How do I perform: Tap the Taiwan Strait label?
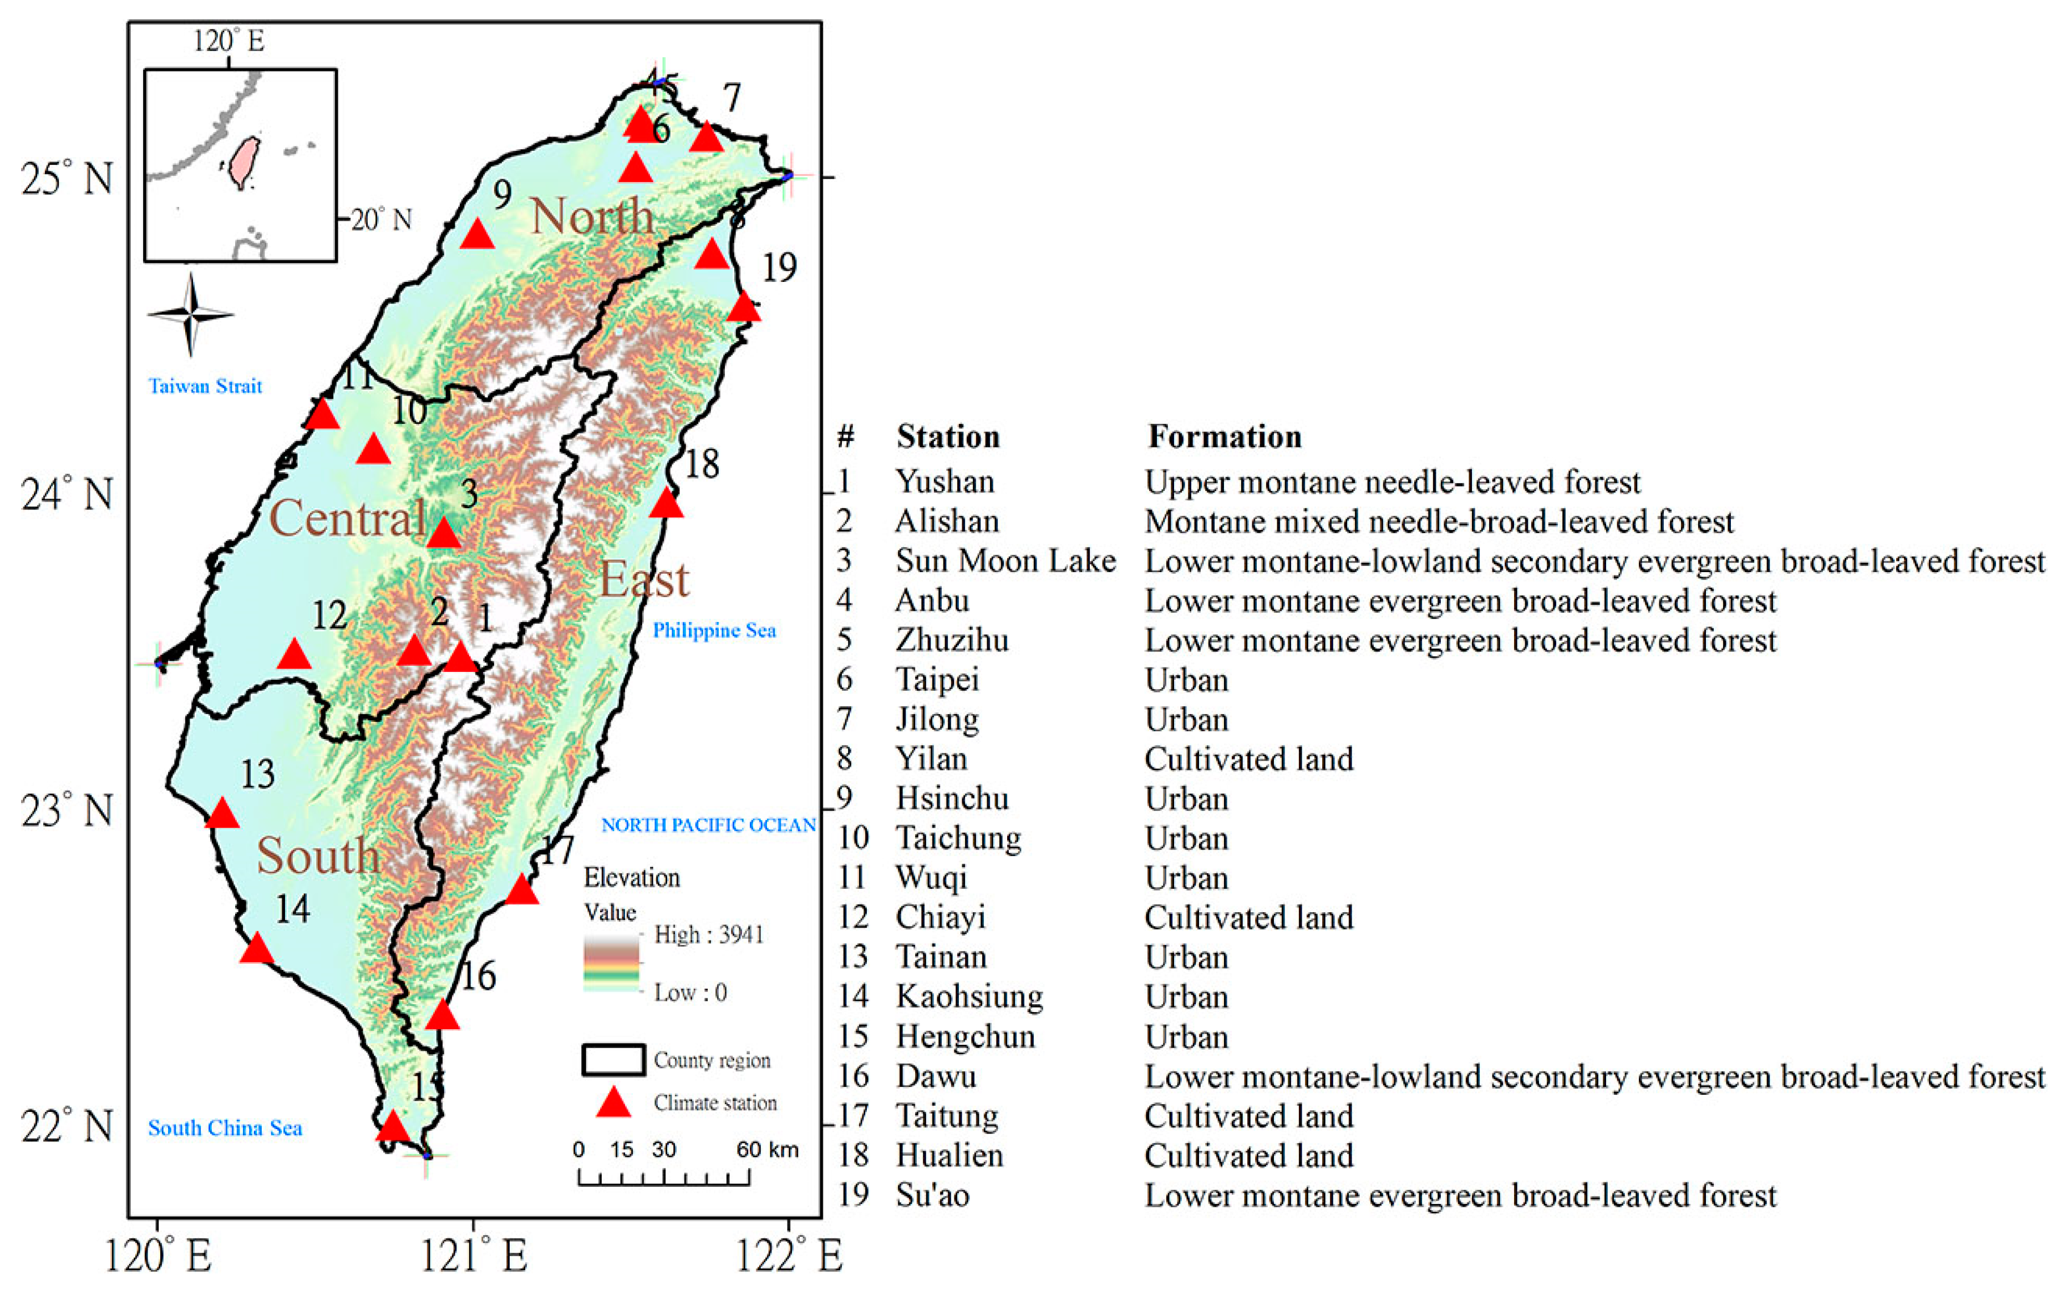(x=205, y=386)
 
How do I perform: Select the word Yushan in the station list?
(x=945, y=482)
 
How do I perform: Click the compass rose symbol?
(x=191, y=315)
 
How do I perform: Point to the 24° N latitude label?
(x=67, y=495)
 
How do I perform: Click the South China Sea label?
(x=225, y=1128)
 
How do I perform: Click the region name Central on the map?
(x=348, y=519)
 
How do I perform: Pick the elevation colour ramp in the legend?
(x=611, y=963)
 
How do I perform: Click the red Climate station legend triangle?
(x=614, y=1103)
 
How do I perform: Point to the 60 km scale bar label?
(x=766, y=1150)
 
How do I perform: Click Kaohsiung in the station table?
(x=969, y=997)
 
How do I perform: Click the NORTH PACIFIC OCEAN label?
(x=708, y=825)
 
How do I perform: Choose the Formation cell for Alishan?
(x=1439, y=522)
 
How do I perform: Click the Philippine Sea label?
(x=714, y=631)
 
